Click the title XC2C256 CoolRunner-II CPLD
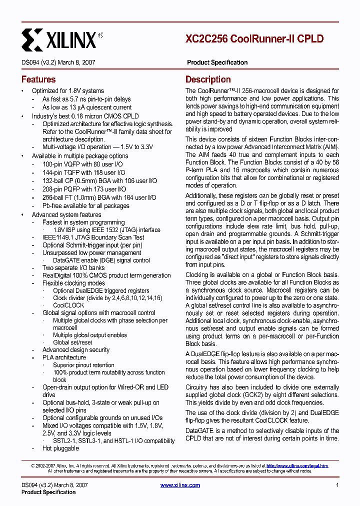tap(254, 39)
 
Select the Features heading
tap(38, 79)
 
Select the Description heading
tap(208, 79)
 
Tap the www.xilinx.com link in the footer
tap(180, 485)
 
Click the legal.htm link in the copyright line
tap(297, 465)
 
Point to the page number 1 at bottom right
tap(337, 485)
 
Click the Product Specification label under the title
tap(217, 62)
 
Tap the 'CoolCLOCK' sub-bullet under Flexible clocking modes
tap(68, 305)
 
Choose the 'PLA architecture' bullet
tap(64, 357)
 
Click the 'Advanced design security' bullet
tap(75, 350)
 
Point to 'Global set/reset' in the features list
tap(72, 342)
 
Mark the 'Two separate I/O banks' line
tap(74, 268)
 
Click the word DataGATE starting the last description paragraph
tap(199, 430)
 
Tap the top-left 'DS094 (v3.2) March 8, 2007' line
tap(58, 62)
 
